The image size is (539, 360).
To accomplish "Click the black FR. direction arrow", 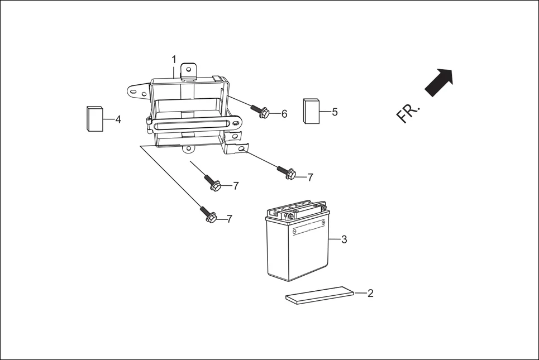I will pos(440,82).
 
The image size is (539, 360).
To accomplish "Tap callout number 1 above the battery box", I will pos(174,59).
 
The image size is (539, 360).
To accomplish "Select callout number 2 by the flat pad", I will pos(370,293).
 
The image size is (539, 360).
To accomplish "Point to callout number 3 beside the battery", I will pos(344,239).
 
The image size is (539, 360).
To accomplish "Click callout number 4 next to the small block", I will pos(118,119).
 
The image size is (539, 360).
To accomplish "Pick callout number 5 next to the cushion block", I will pos(335,112).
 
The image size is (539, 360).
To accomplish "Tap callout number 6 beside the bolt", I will pos(284,114).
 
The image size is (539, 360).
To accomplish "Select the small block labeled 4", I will pos(95,118).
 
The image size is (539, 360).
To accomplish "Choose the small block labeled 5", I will pos(311,111).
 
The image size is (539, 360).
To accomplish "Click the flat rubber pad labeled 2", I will pos(320,295).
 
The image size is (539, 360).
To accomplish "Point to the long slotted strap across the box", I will pos(195,122).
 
